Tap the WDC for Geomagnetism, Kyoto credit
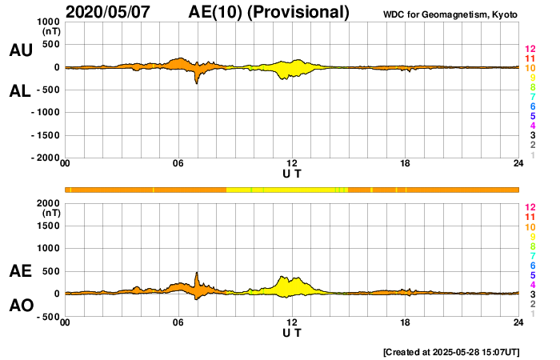(x=450, y=14)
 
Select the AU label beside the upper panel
(x=20, y=50)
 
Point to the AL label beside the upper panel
(x=20, y=91)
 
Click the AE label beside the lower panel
(x=20, y=272)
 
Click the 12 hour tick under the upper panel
(x=292, y=165)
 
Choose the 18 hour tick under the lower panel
(x=406, y=322)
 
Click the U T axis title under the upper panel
(x=292, y=174)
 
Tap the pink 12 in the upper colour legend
(x=530, y=49)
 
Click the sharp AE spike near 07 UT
(x=197, y=274)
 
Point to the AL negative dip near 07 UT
(x=197, y=81)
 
